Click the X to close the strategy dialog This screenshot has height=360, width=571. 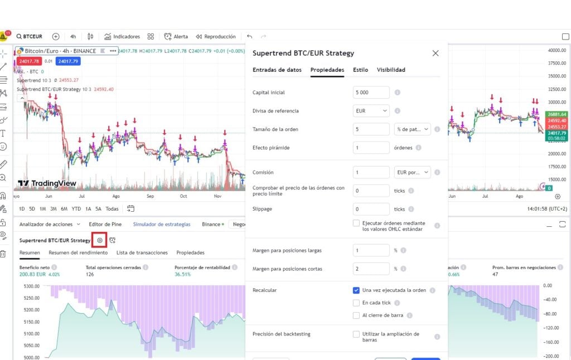(x=435, y=53)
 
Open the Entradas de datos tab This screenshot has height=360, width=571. (x=277, y=70)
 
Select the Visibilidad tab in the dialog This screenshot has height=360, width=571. (x=391, y=70)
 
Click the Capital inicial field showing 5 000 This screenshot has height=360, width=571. (x=371, y=93)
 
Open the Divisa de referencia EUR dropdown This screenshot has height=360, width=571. (x=371, y=111)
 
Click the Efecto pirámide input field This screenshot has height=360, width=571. (x=371, y=148)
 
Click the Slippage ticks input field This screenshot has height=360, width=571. (x=371, y=209)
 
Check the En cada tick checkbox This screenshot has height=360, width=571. (x=356, y=303)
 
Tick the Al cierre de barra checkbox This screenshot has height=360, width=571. (x=356, y=315)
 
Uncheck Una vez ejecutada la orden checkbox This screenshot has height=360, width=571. (x=356, y=290)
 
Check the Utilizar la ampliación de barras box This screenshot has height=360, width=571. (x=356, y=334)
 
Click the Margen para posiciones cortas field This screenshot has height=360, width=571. (x=371, y=269)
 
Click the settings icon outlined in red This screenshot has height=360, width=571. (x=100, y=240)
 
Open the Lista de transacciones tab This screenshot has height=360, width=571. (x=142, y=252)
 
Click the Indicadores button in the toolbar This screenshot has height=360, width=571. (x=122, y=36)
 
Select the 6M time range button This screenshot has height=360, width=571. (x=65, y=209)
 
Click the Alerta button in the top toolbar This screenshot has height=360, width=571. (x=176, y=36)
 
